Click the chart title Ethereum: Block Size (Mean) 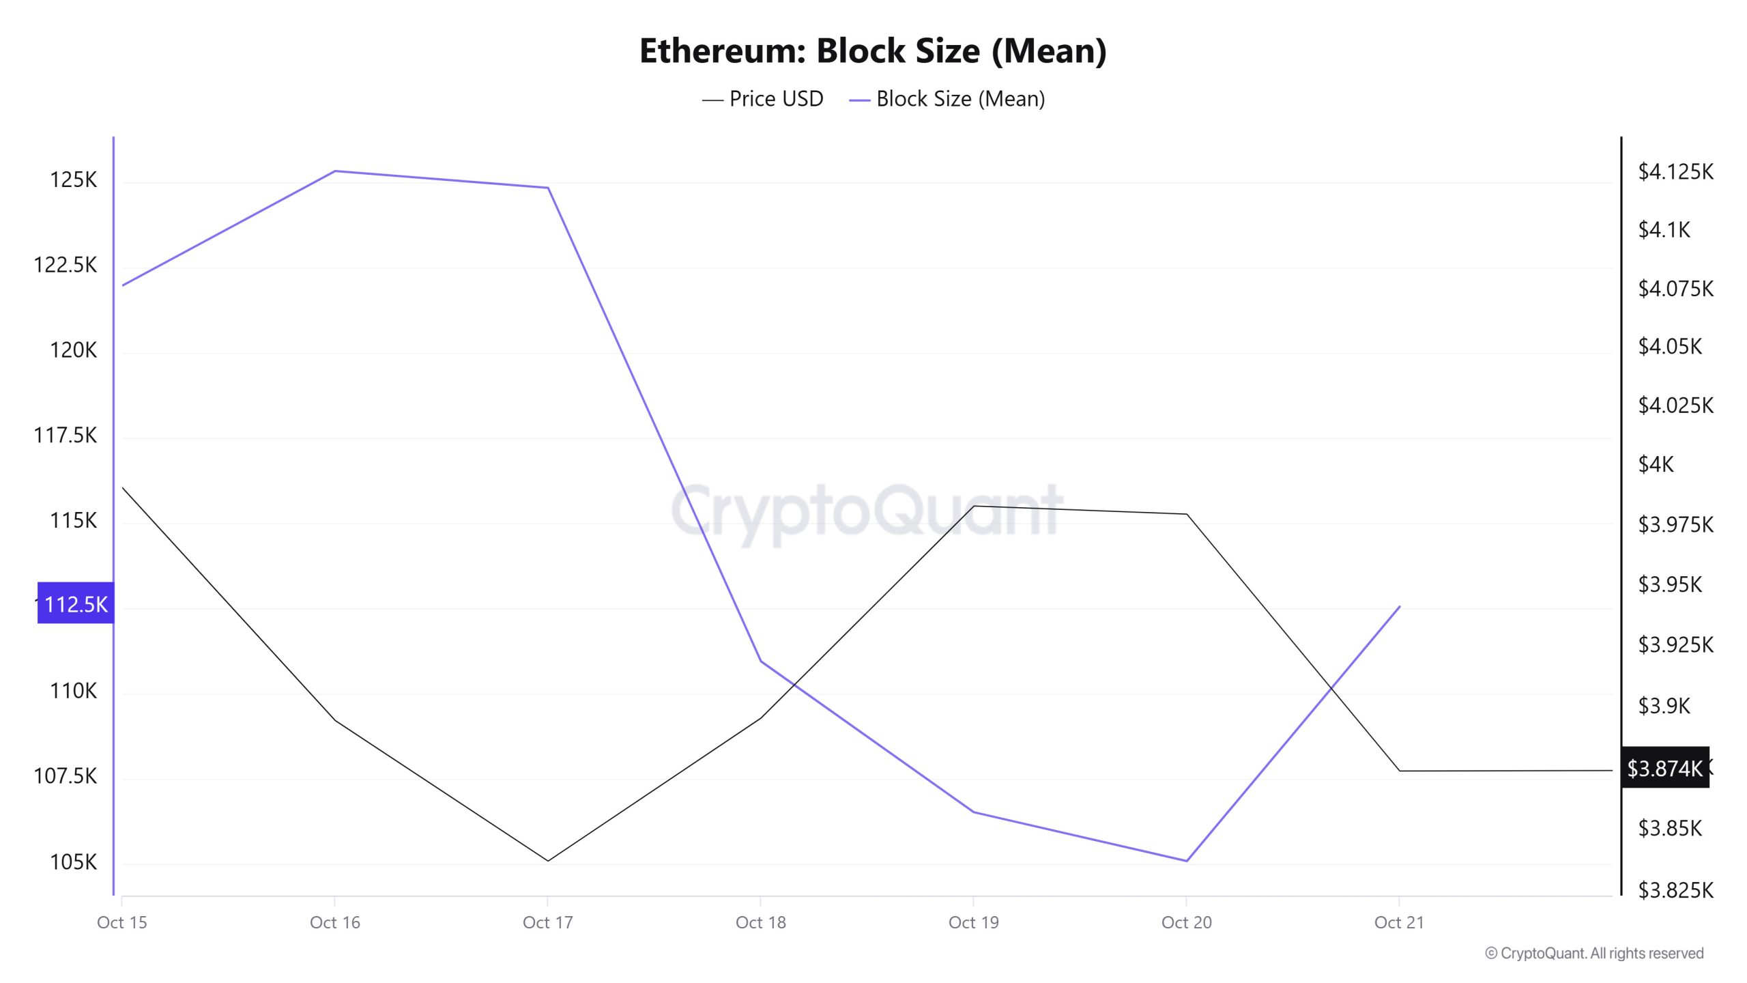(873, 51)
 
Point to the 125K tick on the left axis (73, 180)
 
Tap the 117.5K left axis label (66, 436)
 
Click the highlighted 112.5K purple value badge (76, 604)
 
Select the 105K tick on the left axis (73, 862)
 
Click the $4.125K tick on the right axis (1675, 171)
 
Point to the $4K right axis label (1656, 465)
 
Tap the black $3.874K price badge (1664, 769)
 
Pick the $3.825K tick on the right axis (1675, 890)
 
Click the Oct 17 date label (547, 923)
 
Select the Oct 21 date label (1399, 923)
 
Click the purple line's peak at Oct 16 (334, 171)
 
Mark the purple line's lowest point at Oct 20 (1187, 861)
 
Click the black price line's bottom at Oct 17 (547, 861)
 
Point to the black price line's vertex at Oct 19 (974, 506)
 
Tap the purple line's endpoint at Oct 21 (1400, 606)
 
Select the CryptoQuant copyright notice (1594, 954)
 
